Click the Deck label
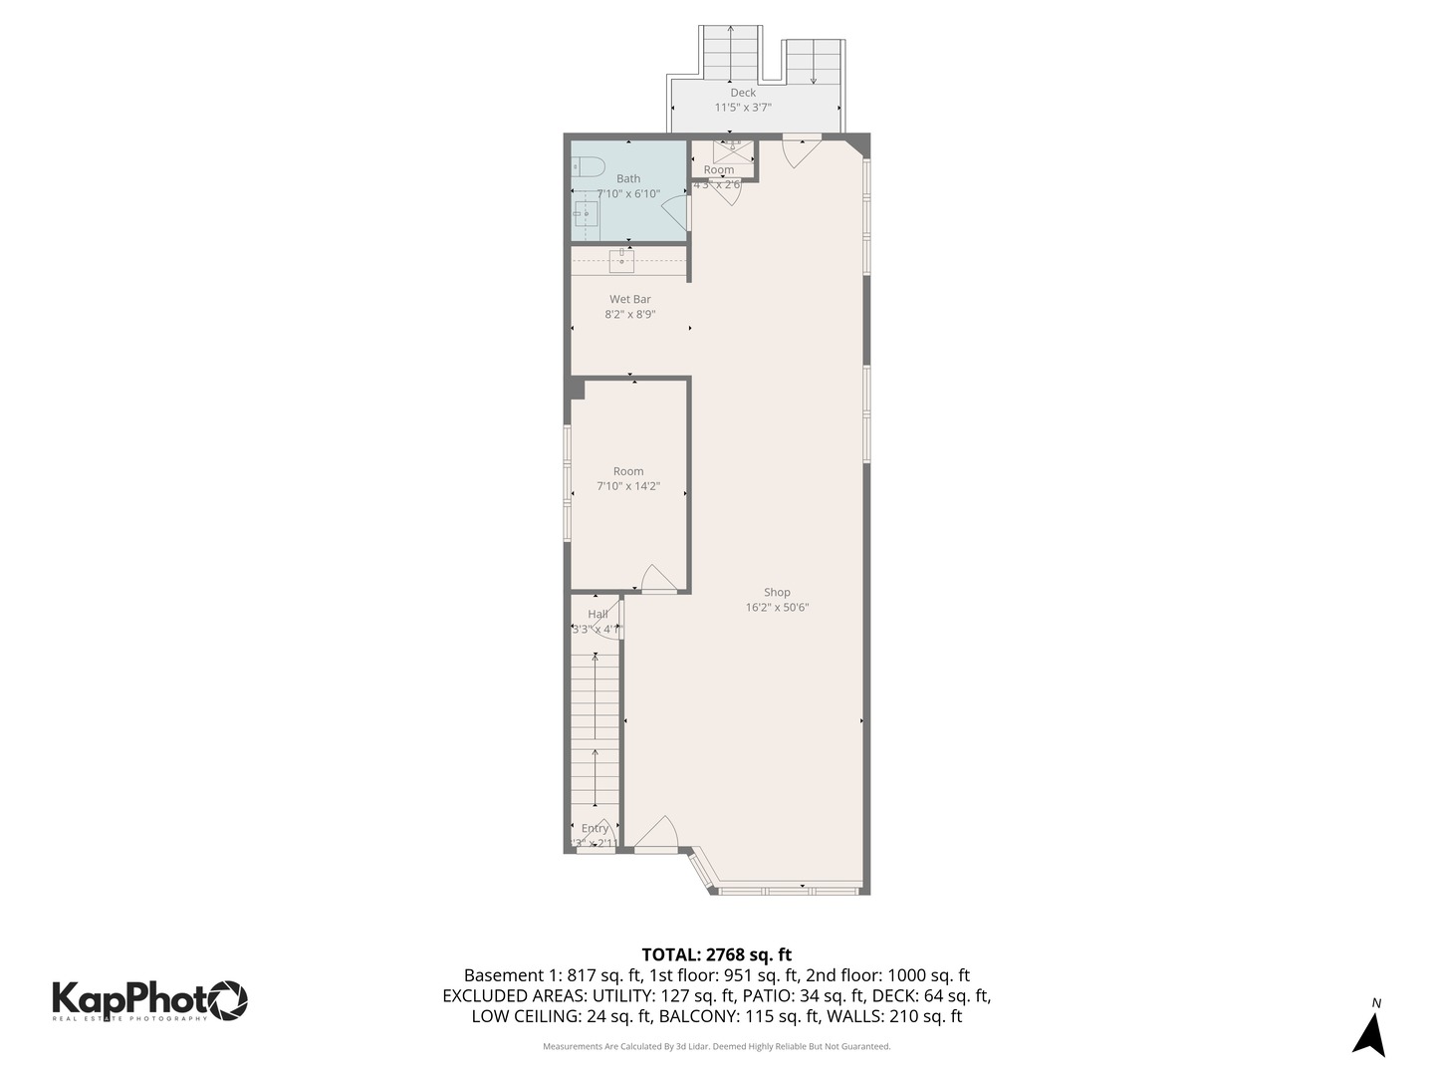click(x=743, y=93)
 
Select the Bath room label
click(x=628, y=179)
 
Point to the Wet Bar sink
click(x=621, y=261)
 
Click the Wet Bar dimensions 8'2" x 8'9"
click(x=629, y=315)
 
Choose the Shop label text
click(x=777, y=593)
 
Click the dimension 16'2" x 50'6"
click(x=777, y=608)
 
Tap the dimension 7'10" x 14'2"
click(x=628, y=487)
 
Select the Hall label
click(x=597, y=615)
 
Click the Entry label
click(x=595, y=829)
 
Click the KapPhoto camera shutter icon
click(x=228, y=999)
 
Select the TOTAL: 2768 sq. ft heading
click(x=717, y=955)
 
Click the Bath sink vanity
click(x=586, y=214)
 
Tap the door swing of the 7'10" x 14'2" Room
click(x=657, y=580)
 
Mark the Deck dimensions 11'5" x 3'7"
click(x=743, y=108)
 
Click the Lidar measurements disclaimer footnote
click(x=717, y=1047)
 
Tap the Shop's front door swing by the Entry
click(x=656, y=834)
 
